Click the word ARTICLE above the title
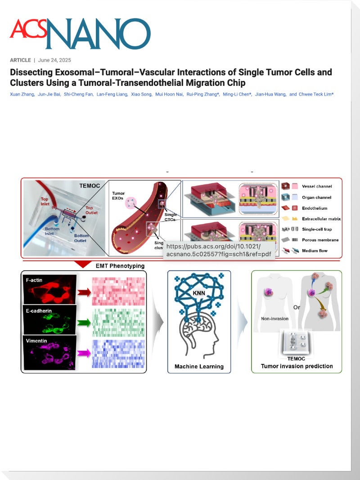point(20,60)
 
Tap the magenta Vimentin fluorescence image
point(49,353)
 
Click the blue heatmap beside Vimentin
point(118,354)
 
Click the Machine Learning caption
point(199,367)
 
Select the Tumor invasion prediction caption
point(297,366)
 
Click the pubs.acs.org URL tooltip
point(213,250)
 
